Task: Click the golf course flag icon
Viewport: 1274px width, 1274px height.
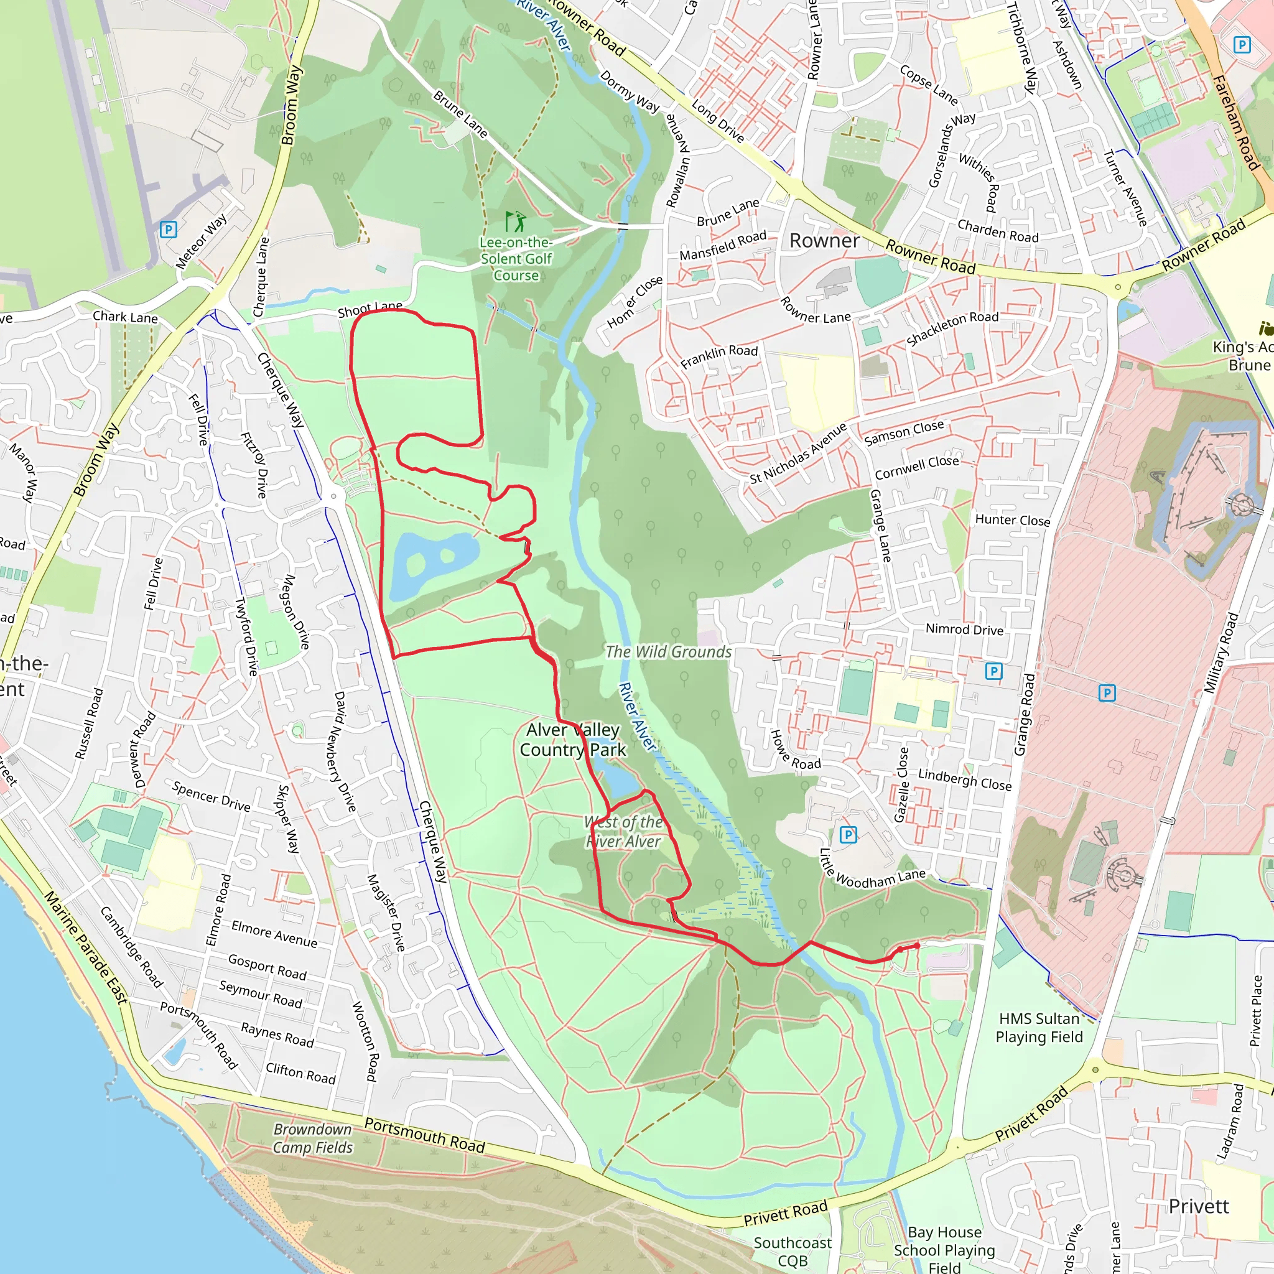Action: [x=516, y=221]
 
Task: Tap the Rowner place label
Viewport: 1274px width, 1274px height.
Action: [x=824, y=241]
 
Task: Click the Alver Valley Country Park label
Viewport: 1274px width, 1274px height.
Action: [x=572, y=740]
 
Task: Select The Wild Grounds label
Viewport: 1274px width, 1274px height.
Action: [x=668, y=651]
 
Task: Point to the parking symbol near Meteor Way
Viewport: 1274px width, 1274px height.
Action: [x=168, y=230]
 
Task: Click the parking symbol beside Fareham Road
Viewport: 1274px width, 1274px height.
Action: [x=1242, y=45]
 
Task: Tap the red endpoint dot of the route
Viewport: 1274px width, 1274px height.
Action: [x=916, y=946]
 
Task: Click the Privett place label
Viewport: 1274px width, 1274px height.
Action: [x=1198, y=1206]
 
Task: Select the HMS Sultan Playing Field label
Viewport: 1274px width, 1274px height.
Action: [x=1039, y=1028]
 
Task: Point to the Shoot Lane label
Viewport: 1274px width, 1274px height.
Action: [x=370, y=309]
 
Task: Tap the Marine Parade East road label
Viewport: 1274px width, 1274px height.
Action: [x=86, y=947]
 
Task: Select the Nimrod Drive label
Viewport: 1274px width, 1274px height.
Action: [x=964, y=629]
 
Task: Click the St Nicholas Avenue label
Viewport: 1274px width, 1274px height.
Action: [x=798, y=454]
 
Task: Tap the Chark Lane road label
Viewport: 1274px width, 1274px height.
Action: [x=124, y=317]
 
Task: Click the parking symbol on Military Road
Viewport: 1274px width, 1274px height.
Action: [x=1107, y=692]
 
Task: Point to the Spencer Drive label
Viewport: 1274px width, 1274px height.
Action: [x=211, y=797]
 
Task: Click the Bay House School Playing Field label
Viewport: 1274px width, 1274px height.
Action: [x=944, y=1250]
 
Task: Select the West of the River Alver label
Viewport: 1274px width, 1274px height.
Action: [x=623, y=831]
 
